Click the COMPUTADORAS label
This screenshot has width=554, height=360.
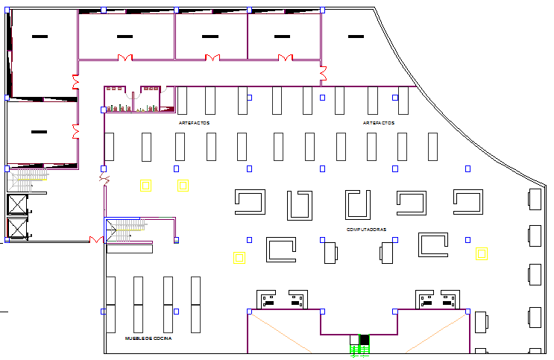[x=366, y=230]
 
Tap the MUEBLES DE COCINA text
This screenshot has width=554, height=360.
[x=148, y=339]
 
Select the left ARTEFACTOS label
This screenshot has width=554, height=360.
[x=194, y=122]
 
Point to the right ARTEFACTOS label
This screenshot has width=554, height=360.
[x=379, y=122]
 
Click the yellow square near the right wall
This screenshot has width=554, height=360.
[x=482, y=254]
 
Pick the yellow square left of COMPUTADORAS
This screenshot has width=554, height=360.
[x=239, y=258]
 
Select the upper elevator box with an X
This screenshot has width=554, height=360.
[x=16, y=204]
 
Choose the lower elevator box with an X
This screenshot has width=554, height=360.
[x=16, y=229]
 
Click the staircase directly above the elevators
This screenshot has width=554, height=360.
[x=28, y=179]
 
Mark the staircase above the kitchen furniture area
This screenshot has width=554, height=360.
[x=122, y=230]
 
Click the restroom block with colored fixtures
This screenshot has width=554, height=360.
[x=133, y=100]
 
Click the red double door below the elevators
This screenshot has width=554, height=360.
[x=96, y=239]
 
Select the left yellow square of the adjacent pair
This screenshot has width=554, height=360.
[x=146, y=186]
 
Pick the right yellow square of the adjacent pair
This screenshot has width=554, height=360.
[x=183, y=186]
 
